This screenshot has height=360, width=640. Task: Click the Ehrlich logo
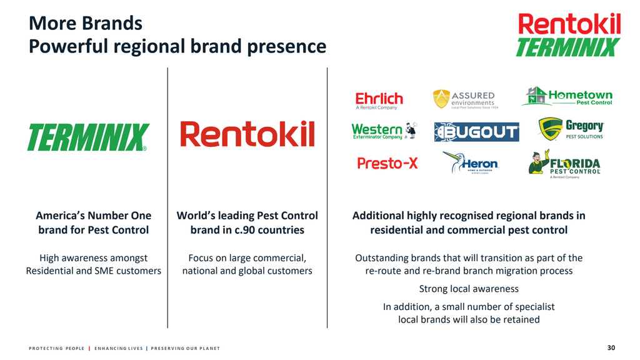click(x=379, y=100)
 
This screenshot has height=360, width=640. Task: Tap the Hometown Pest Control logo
click(x=567, y=96)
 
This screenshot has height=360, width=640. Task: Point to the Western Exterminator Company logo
click(x=383, y=131)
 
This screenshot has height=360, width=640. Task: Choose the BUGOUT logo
click(x=476, y=132)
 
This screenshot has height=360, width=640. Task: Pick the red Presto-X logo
click(x=387, y=163)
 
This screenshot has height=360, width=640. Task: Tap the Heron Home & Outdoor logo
click(x=471, y=163)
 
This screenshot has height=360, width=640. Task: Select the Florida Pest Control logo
click(x=565, y=164)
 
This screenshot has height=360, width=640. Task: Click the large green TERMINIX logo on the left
click(x=87, y=137)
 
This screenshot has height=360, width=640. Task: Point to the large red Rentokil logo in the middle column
click(x=247, y=134)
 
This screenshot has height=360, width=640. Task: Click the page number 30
click(x=611, y=347)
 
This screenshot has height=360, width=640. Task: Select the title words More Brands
click(x=86, y=24)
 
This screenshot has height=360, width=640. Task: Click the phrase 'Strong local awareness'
click(x=469, y=289)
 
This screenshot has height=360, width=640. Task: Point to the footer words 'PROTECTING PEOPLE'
click(x=56, y=348)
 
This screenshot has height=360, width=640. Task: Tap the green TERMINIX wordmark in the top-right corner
click(x=567, y=47)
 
